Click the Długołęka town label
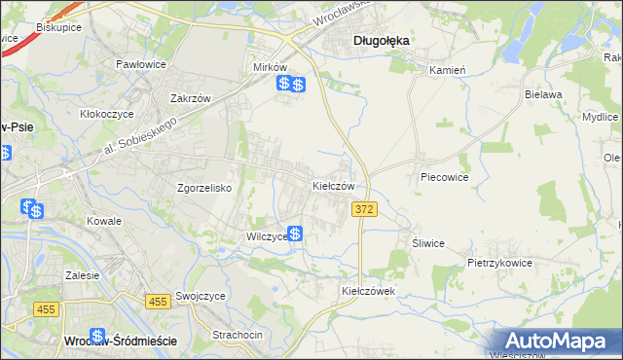click(380, 41)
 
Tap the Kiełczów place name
click(339, 185)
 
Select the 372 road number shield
click(364, 209)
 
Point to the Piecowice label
click(445, 178)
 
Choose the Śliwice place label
click(428, 244)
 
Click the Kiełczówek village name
click(366, 291)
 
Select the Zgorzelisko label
click(203, 189)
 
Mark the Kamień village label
click(449, 70)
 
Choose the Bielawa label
click(544, 94)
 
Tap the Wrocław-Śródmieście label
click(119, 342)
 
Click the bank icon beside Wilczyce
click(294, 234)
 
